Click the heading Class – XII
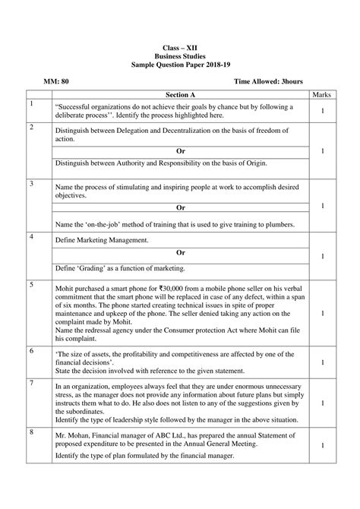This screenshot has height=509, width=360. [x=180, y=46]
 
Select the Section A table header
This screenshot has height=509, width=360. [x=180, y=94]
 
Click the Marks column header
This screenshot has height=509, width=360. [x=323, y=94]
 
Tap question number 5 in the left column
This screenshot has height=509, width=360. [x=32, y=285]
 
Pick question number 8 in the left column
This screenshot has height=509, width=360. [x=32, y=432]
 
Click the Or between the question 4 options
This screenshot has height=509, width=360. [x=180, y=253]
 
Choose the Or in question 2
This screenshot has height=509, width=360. [x=180, y=151]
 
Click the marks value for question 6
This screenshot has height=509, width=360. [x=323, y=362]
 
